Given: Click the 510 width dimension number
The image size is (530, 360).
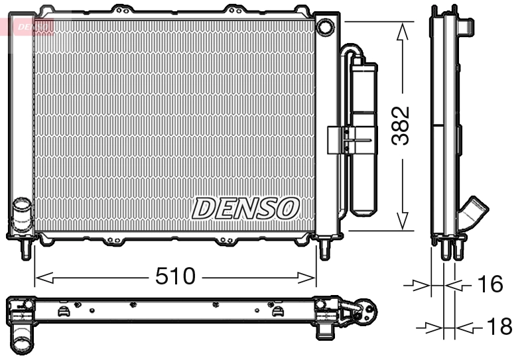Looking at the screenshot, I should click(x=176, y=276).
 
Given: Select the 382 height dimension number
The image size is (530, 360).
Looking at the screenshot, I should click(x=400, y=125).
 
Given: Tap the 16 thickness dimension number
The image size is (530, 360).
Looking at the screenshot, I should click(x=490, y=284).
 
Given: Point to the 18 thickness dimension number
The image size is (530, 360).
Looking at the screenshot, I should click(x=499, y=326).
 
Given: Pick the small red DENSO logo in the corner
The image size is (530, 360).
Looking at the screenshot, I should click(x=33, y=27).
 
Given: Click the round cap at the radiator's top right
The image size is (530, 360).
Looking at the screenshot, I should click(x=325, y=27).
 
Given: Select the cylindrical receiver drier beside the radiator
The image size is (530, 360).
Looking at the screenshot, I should click(x=363, y=139).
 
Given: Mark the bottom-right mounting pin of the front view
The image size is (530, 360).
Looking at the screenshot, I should click(x=325, y=249).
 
